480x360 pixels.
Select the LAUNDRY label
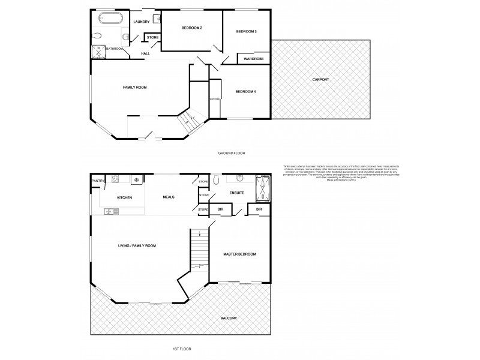(x=142, y=22)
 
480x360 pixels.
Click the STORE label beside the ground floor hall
(x=152, y=38)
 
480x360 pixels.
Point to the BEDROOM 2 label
(x=192, y=28)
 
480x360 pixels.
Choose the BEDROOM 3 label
(x=246, y=31)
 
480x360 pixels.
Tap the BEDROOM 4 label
(x=245, y=91)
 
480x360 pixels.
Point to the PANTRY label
(x=98, y=181)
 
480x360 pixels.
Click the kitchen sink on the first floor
(x=111, y=211)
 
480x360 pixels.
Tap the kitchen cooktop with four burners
(x=137, y=179)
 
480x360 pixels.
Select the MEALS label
(x=169, y=197)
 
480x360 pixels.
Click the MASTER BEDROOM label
(x=239, y=254)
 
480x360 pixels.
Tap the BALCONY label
(x=228, y=318)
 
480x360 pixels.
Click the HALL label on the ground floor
(x=145, y=53)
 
